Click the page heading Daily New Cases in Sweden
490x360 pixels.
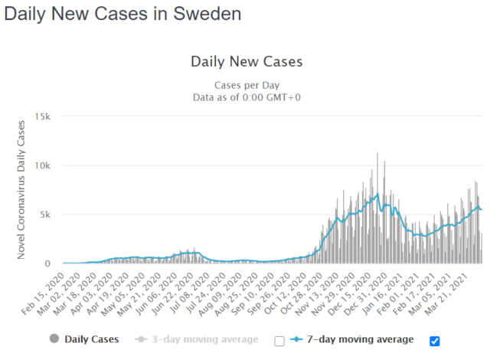coord(122,14)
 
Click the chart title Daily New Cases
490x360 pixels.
coord(247,61)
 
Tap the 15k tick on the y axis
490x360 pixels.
coord(41,116)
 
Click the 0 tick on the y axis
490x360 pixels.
coord(47,263)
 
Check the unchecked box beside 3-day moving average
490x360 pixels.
coord(279,341)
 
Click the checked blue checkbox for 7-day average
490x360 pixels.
coord(436,341)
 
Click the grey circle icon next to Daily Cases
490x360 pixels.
coord(54,339)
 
